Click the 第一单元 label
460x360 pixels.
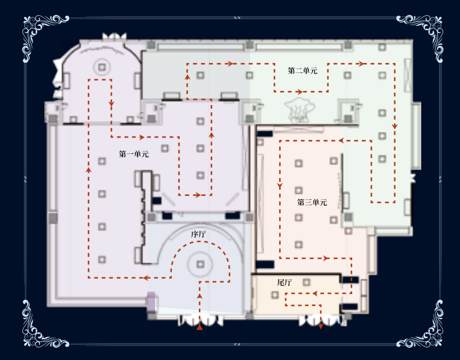134,154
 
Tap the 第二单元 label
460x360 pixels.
303,71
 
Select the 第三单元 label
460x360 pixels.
312,202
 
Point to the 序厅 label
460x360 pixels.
198,234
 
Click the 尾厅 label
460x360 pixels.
284,282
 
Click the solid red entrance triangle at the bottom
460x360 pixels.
199,327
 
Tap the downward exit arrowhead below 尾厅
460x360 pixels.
321,326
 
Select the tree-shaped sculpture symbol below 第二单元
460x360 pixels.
299,110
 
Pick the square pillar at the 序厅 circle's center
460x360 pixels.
201,264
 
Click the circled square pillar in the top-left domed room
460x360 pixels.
102,67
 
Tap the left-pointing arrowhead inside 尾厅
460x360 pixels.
315,293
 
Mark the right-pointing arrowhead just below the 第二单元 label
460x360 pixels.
299,92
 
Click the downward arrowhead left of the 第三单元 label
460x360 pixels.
280,186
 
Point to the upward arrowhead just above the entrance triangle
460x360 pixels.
199,296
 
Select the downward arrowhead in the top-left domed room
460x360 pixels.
111,103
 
